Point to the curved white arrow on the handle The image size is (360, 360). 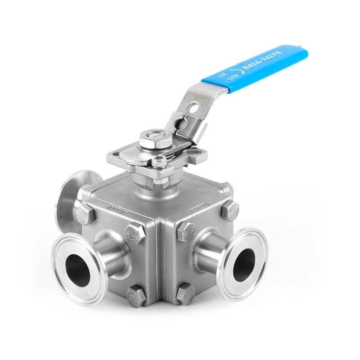coord(234,72)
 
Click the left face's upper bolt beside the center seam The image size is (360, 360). coord(136,233)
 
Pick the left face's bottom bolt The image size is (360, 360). coord(136,296)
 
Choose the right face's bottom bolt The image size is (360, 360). coord(185,293)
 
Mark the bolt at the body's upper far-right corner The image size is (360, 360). coord(230,210)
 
